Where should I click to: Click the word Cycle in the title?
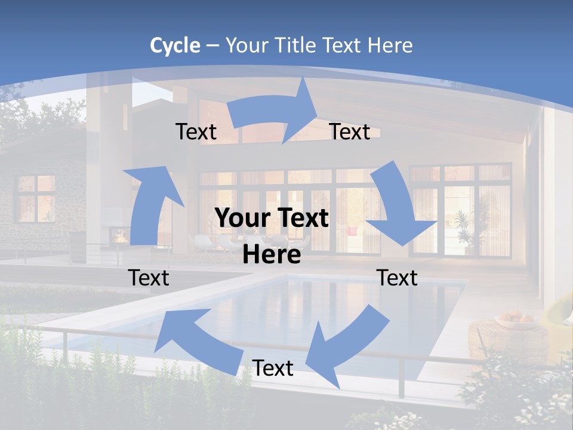(175, 45)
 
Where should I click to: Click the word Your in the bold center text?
(238, 218)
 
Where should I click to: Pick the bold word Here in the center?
(272, 255)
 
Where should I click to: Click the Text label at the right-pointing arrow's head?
(350, 131)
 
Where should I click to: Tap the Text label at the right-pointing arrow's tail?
(196, 131)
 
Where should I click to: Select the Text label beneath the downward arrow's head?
(397, 278)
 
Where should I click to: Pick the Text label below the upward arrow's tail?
(149, 278)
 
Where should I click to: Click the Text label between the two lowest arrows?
(273, 368)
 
